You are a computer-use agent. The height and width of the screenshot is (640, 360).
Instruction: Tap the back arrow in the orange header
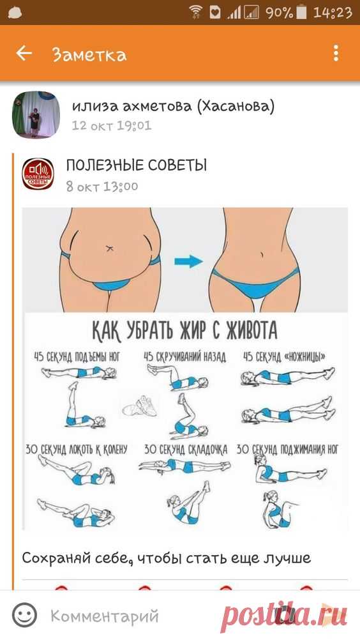[24, 53]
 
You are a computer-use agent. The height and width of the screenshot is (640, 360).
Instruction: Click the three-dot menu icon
[336, 54]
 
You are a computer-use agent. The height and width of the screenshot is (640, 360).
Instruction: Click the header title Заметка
[89, 55]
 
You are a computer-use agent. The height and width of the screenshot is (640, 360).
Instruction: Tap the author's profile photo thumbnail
[36, 115]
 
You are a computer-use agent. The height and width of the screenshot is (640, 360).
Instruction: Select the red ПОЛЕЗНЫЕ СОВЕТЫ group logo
[38, 174]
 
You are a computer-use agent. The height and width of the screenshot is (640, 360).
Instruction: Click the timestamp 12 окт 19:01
[112, 125]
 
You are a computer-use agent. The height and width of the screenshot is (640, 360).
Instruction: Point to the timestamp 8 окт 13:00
[102, 187]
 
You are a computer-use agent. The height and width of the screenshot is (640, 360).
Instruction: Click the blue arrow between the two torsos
[189, 261]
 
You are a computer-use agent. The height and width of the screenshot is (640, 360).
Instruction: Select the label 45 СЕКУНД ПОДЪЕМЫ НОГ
[77, 357]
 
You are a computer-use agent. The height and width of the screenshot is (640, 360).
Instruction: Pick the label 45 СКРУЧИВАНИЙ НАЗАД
[184, 357]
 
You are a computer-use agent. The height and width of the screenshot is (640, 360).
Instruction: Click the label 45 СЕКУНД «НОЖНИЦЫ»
[285, 357]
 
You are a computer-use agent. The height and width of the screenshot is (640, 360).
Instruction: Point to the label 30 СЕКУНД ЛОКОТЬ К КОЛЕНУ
[77, 450]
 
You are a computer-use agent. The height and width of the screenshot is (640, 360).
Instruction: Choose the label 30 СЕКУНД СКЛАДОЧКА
[186, 450]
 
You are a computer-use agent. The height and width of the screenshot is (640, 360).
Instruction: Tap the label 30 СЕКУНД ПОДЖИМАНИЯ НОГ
[287, 450]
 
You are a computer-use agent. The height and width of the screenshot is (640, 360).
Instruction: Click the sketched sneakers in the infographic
[140, 406]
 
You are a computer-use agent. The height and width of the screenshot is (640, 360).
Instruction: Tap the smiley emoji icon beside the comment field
[24, 616]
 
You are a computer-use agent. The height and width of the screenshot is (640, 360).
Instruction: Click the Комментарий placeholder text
[105, 616]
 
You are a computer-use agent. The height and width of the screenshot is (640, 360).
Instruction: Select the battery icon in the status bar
[302, 13]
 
